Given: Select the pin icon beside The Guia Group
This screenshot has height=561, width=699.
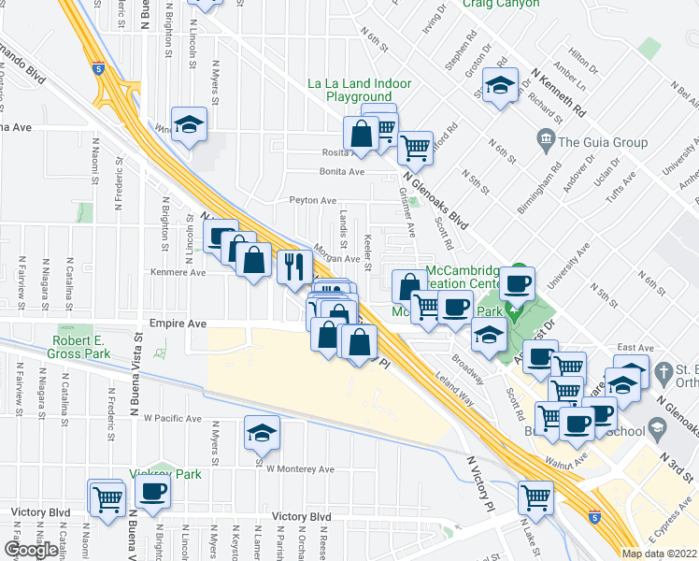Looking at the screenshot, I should click(546, 142).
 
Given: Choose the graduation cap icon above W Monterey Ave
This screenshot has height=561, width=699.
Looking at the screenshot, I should click(262, 432).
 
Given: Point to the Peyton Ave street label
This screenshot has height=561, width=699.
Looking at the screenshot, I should click(312, 200).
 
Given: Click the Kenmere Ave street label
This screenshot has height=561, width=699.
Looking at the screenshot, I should click(178, 273).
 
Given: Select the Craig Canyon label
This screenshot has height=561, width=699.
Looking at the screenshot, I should click(501, 4).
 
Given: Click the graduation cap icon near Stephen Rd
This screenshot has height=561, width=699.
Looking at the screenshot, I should click(500, 86).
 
